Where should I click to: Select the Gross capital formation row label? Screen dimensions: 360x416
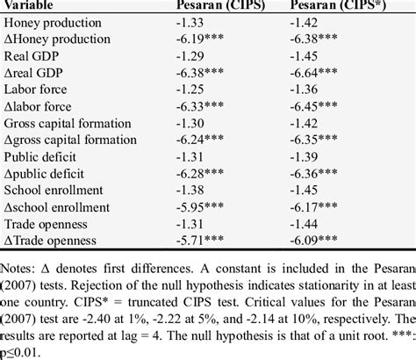69,123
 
